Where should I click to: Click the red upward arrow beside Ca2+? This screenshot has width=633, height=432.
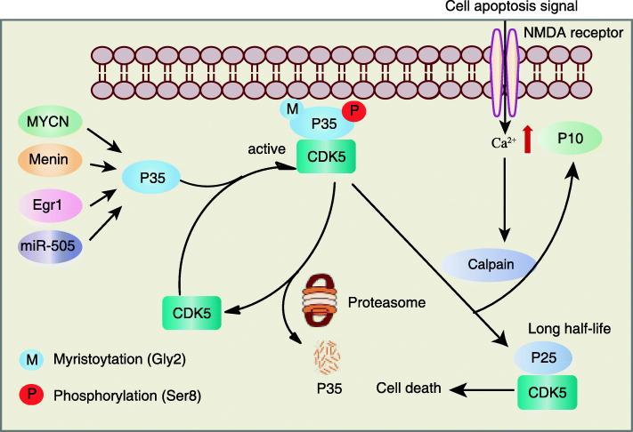tap(528, 139)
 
